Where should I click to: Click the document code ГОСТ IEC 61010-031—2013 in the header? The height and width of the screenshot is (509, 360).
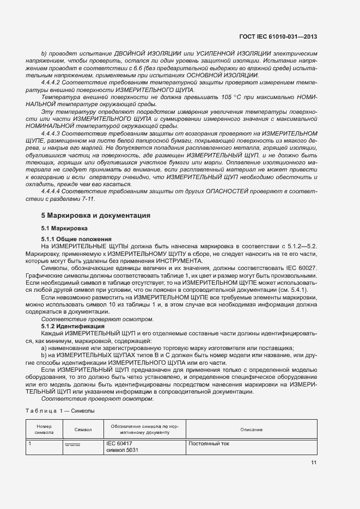(x=278, y=37)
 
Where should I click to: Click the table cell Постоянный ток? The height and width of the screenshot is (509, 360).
(x=209, y=444)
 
